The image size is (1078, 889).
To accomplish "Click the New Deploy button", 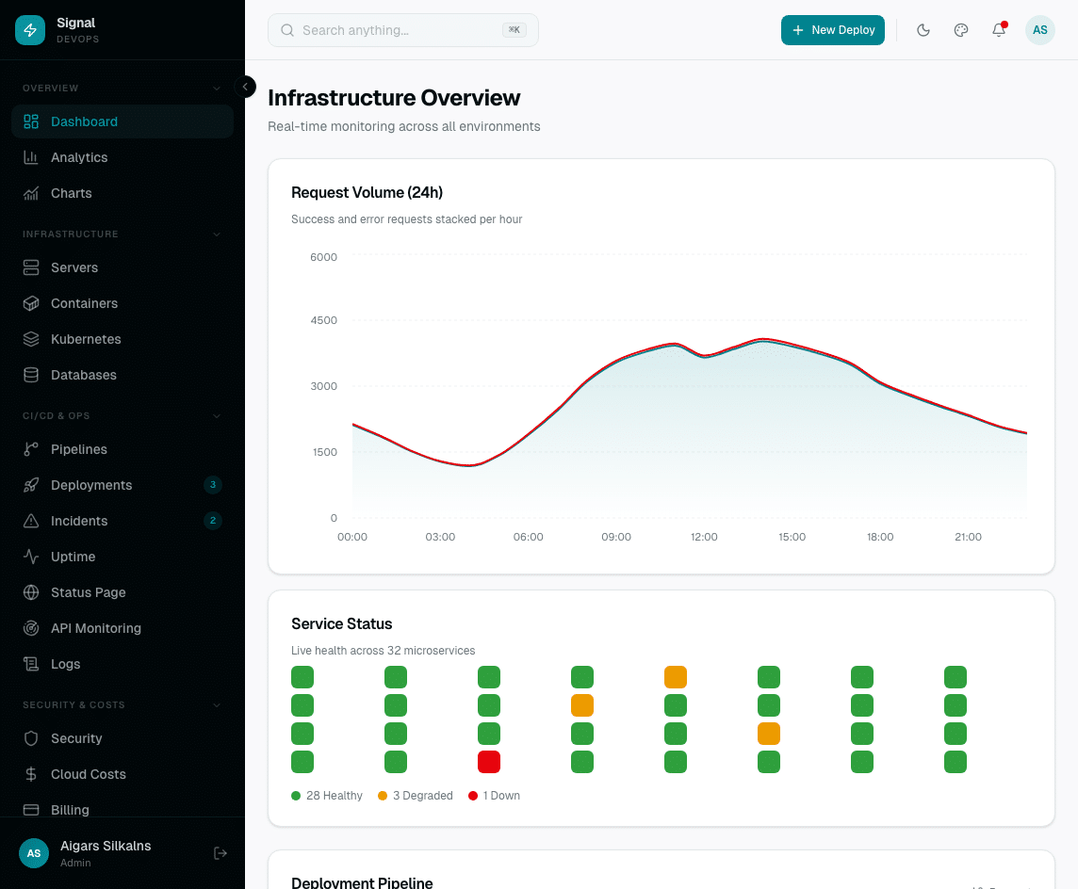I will [832, 30].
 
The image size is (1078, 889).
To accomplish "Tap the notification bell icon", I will [999, 30].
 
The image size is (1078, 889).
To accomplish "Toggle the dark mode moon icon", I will [923, 30].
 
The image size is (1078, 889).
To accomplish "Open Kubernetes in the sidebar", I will [86, 339].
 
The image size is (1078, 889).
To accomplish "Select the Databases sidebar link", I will [83, 375].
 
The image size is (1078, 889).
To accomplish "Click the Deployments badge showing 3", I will [213, 485].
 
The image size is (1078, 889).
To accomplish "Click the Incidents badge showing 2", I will [213, 521].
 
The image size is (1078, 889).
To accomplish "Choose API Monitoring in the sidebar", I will [95, 628].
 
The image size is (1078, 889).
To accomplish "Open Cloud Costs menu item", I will [88, 774].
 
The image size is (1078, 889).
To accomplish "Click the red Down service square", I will [489, 762].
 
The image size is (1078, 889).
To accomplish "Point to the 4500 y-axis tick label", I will [323, 320].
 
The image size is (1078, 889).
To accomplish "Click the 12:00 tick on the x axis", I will [704, 537].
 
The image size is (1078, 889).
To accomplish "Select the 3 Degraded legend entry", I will [415, 796].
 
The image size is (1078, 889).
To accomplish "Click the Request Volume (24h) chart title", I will [367, 193].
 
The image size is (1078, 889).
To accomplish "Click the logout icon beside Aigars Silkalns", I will [220, 853].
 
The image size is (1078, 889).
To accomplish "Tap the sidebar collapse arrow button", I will [245, 87].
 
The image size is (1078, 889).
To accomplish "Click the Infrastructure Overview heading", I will [394, 98].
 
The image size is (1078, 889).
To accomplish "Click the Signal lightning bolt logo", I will [30, 30].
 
